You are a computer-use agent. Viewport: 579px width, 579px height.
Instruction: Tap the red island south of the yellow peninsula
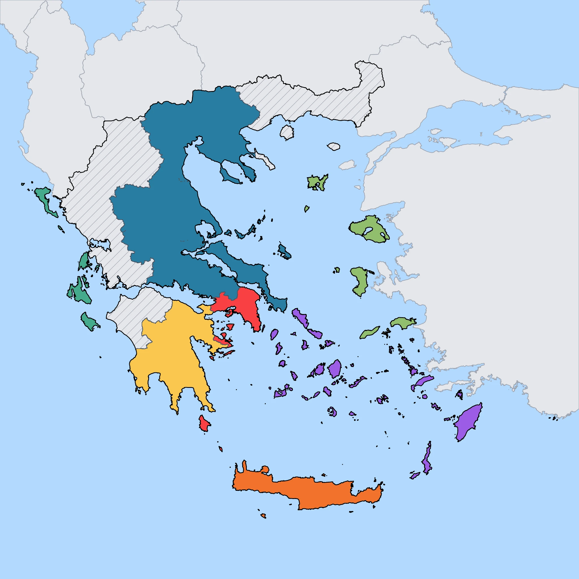[x=204, y=424]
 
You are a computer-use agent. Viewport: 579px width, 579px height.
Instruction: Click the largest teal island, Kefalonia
[x=79, y=293]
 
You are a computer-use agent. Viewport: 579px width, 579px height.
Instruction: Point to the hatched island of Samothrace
[x=334, y=146]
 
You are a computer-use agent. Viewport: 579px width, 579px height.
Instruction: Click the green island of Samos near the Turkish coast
[x=403, y=323]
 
